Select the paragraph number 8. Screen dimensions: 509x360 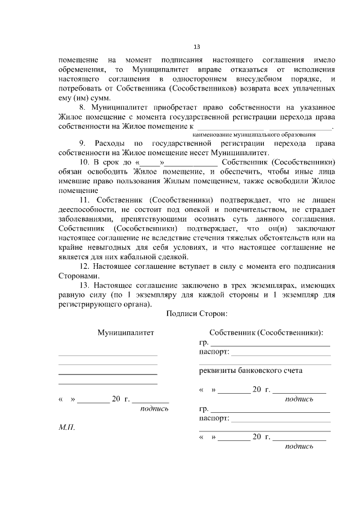(x=82, y=107)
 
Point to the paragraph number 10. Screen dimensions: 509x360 (x=84, y=162)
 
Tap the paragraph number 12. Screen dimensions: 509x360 (x=84, y=266)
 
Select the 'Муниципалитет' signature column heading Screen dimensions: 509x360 (x=126, y=333)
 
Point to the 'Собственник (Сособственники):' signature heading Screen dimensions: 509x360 (x=265, y=333)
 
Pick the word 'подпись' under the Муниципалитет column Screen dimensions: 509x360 (x=154, y=409)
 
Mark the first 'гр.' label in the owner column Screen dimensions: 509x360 (x=204, y=343)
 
